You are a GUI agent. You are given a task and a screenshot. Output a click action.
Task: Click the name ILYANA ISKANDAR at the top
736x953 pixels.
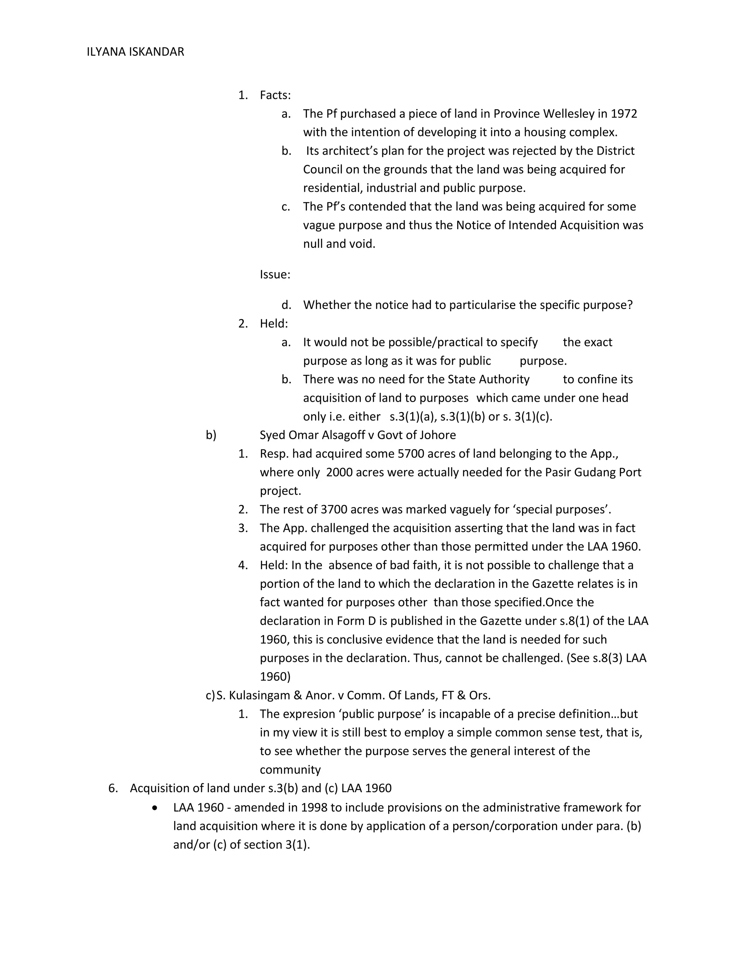click(135, 52)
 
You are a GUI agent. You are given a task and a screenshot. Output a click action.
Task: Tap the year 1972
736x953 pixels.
click(624, 114)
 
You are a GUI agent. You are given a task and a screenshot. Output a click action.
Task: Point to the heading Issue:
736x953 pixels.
click(275, 274)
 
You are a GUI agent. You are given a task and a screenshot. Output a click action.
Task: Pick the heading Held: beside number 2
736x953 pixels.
click(274, 324)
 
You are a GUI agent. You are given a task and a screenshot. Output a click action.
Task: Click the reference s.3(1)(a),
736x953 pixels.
click(413, 417)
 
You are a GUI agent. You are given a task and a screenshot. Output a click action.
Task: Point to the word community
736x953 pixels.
click(290, 770)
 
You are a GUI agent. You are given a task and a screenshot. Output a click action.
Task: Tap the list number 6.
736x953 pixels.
click(113, 789)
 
